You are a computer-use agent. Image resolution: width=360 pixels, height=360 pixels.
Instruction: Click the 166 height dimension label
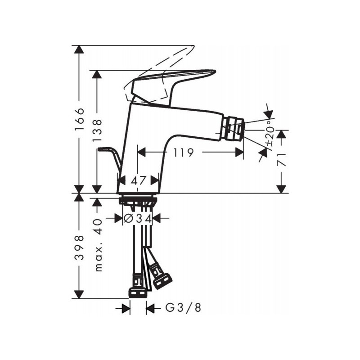[80, 119]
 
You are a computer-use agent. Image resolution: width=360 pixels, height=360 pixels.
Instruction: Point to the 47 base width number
[139, 180]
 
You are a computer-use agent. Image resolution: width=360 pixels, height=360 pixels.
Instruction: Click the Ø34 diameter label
[137, 219]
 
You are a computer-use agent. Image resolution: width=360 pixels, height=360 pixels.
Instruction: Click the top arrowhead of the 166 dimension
[80, 50]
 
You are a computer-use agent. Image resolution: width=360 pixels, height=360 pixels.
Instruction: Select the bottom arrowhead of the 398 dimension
[80, 294]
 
